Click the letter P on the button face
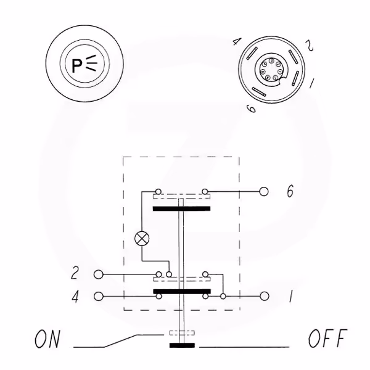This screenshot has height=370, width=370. [x=77, y=66]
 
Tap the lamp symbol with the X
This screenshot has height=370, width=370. [x=142, y=239]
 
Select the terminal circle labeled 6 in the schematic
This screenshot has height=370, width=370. [x=264, y=191]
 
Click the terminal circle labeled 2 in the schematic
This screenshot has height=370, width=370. [x=99, y=274]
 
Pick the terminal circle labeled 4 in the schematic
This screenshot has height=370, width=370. [x=99, y=297]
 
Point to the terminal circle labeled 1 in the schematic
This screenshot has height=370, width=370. [x=265, y=296]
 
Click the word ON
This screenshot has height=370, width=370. [x=47, y=339]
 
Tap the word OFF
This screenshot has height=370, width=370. [x=328, y=338]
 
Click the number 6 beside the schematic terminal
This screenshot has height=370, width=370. [x=290, y=191]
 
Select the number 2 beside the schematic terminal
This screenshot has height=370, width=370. [x=75, y=273]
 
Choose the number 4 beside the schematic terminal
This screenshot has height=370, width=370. [x=75, y=297]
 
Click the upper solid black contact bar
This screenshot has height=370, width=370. [x=181, y=208]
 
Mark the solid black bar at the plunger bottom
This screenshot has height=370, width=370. [x=182, y=345]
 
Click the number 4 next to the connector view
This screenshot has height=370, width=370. [x=236, y=42]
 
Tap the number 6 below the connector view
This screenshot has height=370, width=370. [x=251, y=109]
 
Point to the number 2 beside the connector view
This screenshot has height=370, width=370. [x=310, y=45]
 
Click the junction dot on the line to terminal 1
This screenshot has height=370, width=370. [x=223, y=296]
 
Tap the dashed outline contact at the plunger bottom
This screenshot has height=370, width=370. [x=182, y=333]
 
